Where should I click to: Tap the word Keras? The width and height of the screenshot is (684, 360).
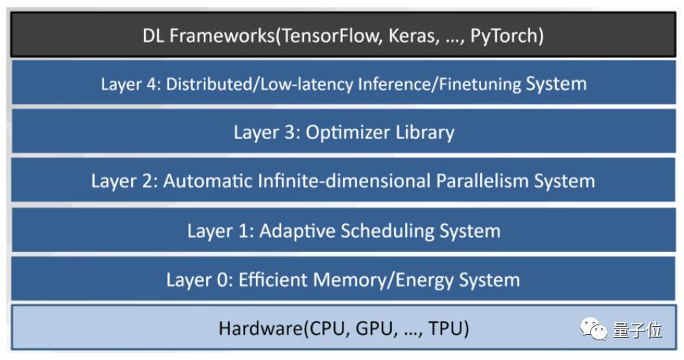pyautogui.click(x=413, y=36)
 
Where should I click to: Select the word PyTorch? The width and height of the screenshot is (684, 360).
pyautogui.click(x=503, y=36)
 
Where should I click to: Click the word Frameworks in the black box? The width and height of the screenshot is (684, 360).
pyautogui.click(x=222, y=36)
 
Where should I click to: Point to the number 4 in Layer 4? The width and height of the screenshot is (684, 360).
pyautogui.click(x=151, y=84)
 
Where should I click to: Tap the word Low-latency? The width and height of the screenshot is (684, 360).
pyautogui.click(x=306, y=84)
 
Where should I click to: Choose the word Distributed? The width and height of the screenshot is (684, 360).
pyautogui.click(x=209, y=84)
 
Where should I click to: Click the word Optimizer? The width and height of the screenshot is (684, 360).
pyautogui.click(x=341, y=133)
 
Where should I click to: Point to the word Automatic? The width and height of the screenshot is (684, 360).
pyautogui.click(x=207, y=181)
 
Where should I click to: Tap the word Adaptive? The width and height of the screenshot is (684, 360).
pyautogui.click(x=297, y=231)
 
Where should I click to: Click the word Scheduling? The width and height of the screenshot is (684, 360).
pyautogui.click(x=387, y=231)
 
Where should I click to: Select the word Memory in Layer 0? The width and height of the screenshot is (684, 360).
pyautogui.click(x=350, y=279)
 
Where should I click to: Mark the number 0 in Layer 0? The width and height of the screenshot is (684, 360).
pyautogui.click(x=223, y=279)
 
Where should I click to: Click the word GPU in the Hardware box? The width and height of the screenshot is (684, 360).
pyautogui.click(x=375, y=329)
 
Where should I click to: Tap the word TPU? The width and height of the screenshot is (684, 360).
pyautogui.click(x=445, y=328)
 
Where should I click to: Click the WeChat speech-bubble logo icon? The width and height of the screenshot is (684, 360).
pyautogui.click(x=593, y=329)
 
